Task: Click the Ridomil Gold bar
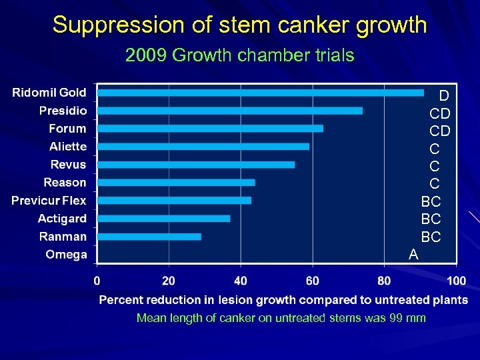(260, 93)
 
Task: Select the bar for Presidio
(230, 111)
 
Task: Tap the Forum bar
(210, 128)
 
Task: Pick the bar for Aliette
(203, 146)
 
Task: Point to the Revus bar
(196, 165)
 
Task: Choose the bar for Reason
(176, 182)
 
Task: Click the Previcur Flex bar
(174, 200)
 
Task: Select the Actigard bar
(163, 218)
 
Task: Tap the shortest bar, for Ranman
(149, 236)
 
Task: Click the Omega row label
(66, 255)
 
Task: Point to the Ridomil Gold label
(49, 93)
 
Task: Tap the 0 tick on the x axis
(97, 279)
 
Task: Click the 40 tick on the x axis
(241, 279)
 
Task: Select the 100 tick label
(456, 279)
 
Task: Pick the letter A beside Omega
(413, 254)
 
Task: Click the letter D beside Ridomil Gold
(443, 96)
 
